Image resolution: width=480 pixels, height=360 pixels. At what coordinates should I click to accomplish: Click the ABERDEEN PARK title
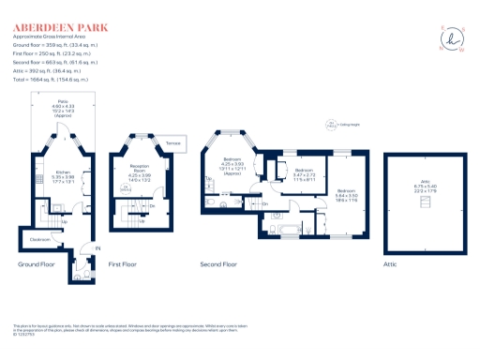point(58,19)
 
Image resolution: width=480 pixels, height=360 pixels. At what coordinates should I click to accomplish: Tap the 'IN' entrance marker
point(97,248)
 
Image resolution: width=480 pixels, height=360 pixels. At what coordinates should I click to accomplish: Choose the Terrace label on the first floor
point(173,142)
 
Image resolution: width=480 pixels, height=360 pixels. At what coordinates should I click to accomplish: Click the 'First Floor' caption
point(124,265)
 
